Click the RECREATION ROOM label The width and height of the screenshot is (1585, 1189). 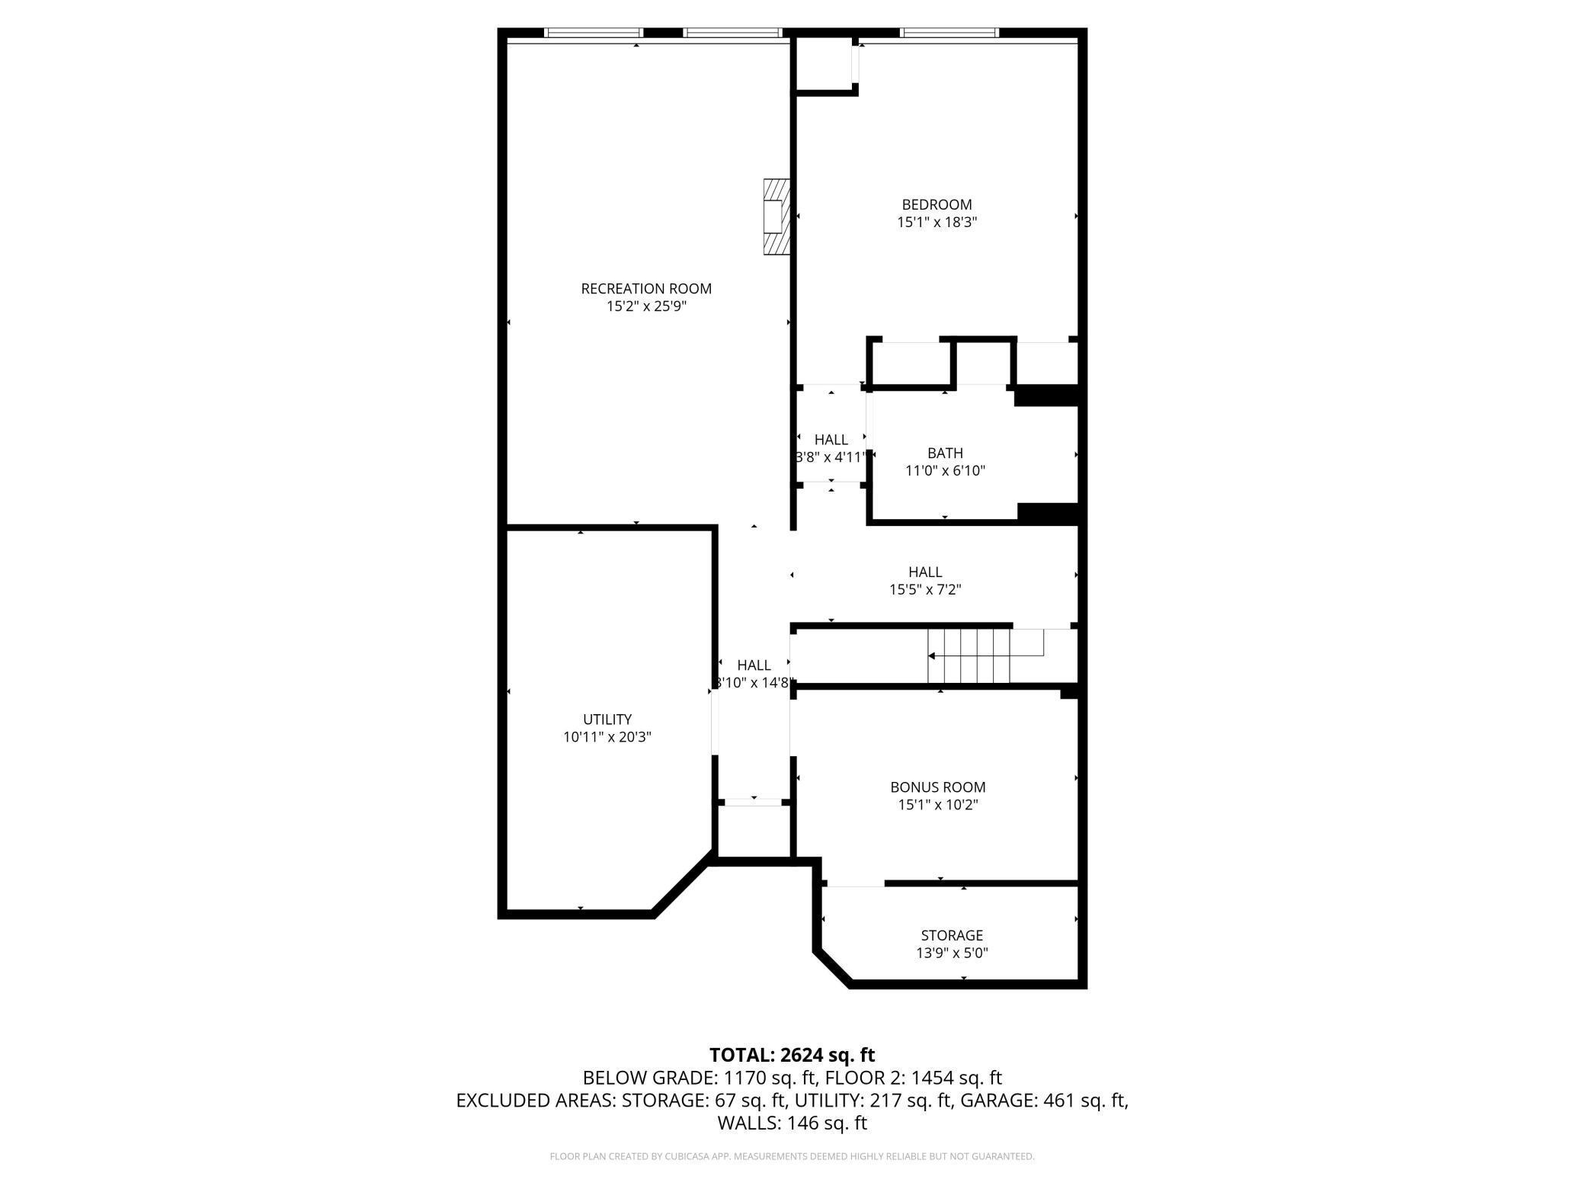(x=646, y=289)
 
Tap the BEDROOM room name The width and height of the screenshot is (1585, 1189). (x=937, y=204)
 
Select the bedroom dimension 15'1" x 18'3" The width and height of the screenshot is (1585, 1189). (x=937, y=223)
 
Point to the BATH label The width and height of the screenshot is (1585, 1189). (x=945, y=453)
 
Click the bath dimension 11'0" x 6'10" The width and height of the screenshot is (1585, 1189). (x=945, y=471)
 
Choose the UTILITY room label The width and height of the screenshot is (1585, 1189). (x=607, y=719)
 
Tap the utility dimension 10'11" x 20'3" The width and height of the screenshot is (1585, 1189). (x=607, y=737)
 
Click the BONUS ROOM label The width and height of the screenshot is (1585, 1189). (x=937, y=787)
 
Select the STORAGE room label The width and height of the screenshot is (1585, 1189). (x=952, y=935)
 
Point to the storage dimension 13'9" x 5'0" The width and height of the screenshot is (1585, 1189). (x=952, y=953)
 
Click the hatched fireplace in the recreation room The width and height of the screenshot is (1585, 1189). (x=776, y=217)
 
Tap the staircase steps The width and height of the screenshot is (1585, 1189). (x=969, y=656)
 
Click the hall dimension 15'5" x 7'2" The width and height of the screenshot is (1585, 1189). (x=925, y=589)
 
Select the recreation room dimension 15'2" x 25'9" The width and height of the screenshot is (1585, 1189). (x=646, y=306)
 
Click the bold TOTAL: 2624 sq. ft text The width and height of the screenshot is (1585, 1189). (x=792, y=1055)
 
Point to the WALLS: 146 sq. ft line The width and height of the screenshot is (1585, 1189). (x=792, y=1123)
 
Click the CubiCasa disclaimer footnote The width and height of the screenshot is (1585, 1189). (x=792, y=1156)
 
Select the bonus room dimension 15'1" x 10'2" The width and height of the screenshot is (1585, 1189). (x=937, y=805)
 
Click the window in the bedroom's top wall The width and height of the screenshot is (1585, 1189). (x=949, y=33)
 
